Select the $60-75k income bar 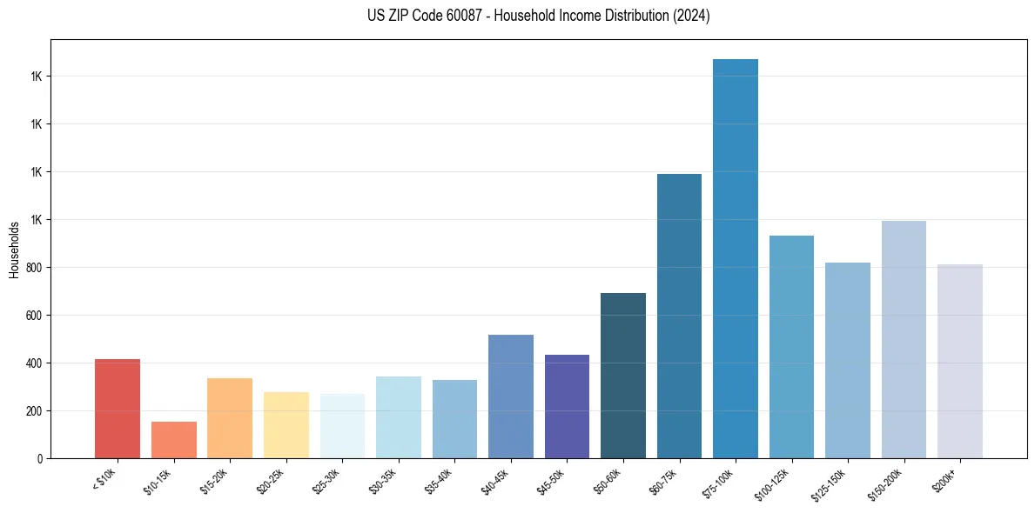(679, 316)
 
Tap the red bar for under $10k (118, 409)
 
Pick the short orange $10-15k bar (173, 440)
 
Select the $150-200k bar (904, 340)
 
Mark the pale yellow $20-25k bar (286, 425)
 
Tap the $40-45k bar (510, 396)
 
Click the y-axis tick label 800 (35, 268)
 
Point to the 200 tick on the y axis (35, 411)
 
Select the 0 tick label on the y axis (39, 459)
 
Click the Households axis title (14, 250)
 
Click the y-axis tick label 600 (35, 316)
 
